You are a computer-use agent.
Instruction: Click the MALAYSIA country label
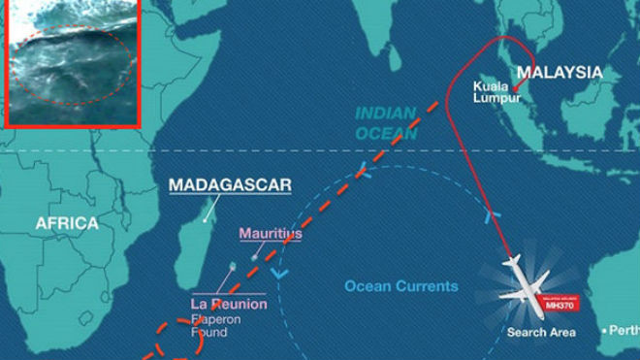point(558,73)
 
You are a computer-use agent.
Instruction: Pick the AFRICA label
point(67,223)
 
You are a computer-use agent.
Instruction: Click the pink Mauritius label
point(270,234)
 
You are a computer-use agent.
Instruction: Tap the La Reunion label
point(228,305)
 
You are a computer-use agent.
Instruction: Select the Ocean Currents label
point(401,286)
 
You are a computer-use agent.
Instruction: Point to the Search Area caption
point(541,333)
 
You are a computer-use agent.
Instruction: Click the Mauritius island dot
point(255,257)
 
